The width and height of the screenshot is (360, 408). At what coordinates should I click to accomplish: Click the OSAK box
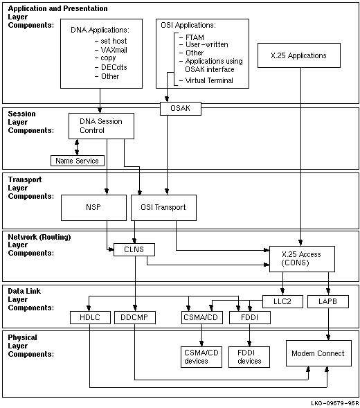click(181, 109)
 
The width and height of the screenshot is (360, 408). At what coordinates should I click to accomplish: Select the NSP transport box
click(93, 208)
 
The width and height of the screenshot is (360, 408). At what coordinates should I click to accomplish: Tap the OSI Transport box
click(163, 208)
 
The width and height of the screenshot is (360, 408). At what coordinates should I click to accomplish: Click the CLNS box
click(134, 249)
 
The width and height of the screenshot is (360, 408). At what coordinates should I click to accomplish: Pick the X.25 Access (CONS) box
click(302, 259)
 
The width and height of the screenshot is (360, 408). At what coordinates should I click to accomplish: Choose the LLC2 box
click(282, 301)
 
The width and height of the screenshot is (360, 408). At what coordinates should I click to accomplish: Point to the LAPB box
click(328, 301)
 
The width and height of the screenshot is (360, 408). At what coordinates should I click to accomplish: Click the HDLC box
click(90, 317)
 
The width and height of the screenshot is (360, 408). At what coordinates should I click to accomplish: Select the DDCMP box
click(135, 317)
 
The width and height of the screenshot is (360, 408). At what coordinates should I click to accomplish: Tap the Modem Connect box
click(318, 353)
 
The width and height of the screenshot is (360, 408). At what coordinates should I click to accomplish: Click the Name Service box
click(78, 161)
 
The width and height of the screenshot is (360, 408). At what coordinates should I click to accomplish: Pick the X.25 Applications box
click(299, 55)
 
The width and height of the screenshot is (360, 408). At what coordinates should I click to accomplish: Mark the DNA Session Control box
click(101, 126)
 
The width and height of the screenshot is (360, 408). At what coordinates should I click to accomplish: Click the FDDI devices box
click(249, 357)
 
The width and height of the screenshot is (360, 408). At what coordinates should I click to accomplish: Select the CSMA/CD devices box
click(201, 357)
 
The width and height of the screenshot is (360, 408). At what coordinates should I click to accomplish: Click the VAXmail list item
click(111, 50)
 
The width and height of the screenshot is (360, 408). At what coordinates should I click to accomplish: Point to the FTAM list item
click(192, 37)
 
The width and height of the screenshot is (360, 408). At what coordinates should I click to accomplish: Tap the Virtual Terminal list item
click(206, 80)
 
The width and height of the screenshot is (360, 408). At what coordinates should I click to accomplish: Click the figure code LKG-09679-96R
click(335, 403)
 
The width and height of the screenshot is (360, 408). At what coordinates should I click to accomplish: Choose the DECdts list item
click(111, 67)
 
